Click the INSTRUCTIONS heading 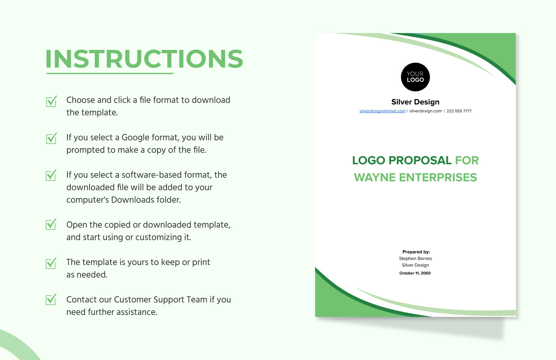point(144,59)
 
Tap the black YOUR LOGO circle point(415,77)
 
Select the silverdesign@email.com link point(382,111)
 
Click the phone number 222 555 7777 point(459,111)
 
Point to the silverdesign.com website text point(426,111)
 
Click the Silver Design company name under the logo point(415,102)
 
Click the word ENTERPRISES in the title point(438,177)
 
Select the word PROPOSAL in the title point(420,160)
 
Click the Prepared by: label point(416,252)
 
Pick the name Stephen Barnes point(415,258)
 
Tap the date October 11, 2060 point(415,273)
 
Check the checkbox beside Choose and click point(51,101)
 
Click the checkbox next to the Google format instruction point(51,138)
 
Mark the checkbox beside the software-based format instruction point(51,175)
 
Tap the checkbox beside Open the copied point(51,224)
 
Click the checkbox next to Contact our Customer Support point(51,299)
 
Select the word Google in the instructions point(136,138)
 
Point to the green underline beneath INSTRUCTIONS point(110,73)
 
